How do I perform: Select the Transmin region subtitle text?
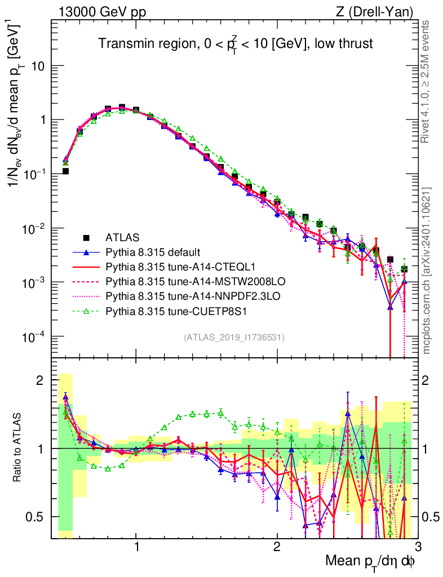(236, 43)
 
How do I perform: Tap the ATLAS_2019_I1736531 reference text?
(234, 338)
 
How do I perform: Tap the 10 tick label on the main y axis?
(39, 66)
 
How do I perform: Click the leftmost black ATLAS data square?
(65, 171)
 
